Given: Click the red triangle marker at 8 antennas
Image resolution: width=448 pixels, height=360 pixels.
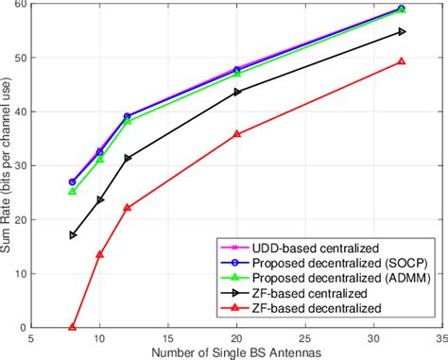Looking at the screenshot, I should pos(73,327).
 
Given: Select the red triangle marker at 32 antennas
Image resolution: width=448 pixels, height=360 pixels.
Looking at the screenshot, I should pos(401,61).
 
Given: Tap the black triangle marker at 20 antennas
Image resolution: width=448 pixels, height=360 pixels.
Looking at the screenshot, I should pos(237,92).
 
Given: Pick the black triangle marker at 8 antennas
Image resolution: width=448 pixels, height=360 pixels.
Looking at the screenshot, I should pos(73,234).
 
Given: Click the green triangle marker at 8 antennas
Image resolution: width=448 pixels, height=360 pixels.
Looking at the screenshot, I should pos(73,192).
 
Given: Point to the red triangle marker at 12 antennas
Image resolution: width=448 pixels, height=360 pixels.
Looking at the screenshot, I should pos(128,208).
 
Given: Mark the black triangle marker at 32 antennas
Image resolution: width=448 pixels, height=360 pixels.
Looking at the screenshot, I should pos(401,32).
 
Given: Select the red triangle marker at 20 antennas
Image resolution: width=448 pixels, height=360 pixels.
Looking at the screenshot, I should pos(237,134).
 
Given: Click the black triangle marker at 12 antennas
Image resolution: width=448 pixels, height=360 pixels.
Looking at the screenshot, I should pos(128,158).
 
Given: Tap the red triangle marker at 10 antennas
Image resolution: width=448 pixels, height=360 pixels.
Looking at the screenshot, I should pos(100,254).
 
